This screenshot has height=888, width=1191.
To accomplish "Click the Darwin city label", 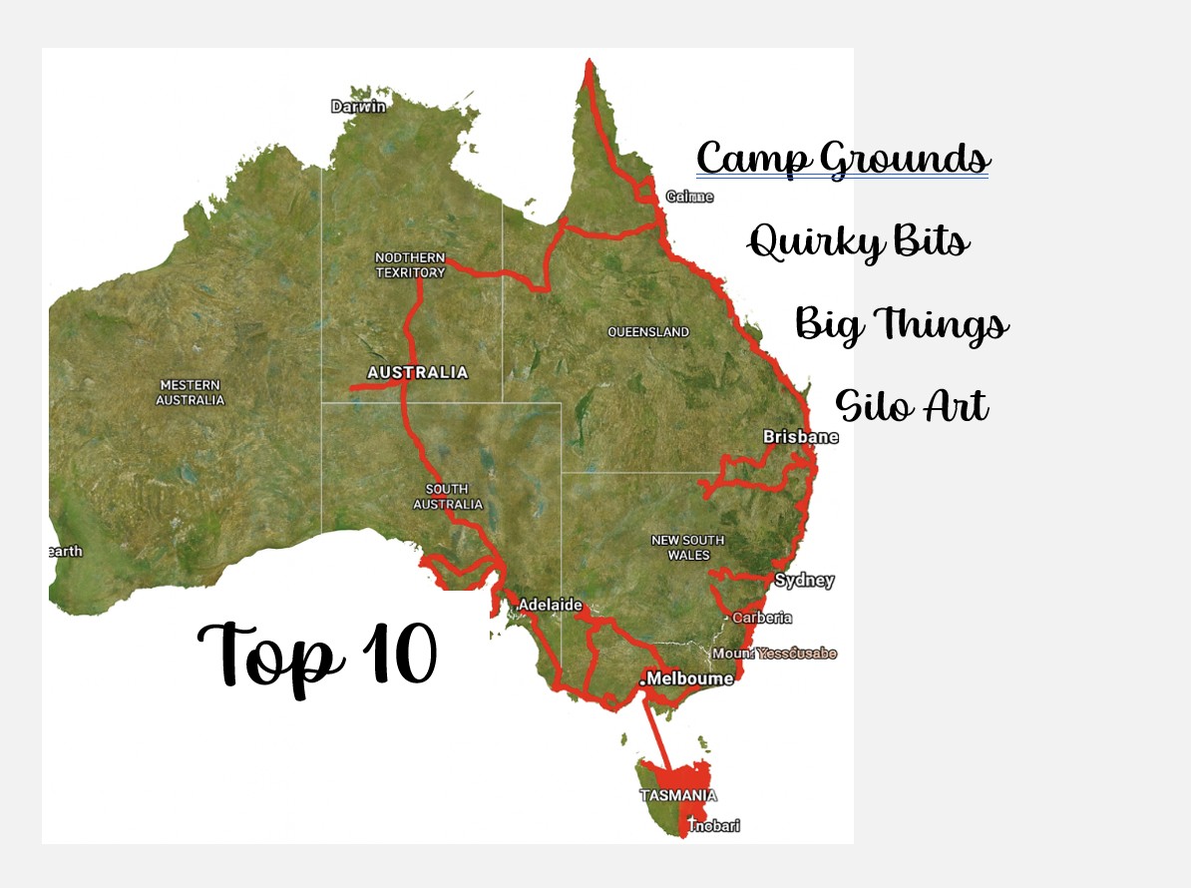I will pyautogui.click(x=358, y=107).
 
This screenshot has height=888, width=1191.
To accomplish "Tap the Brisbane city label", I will pyautogui.click(x=800, y=437).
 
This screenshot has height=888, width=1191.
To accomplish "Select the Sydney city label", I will pyautogui.click(x=804, y=581).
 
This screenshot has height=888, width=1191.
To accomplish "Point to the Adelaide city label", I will pyautogui.click(x=550, y=605).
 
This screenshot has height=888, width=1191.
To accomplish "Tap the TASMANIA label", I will pyautogui.click(x=677, y=796).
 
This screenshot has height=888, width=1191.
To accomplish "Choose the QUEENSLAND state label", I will pyautogui.click(x=648, y=331).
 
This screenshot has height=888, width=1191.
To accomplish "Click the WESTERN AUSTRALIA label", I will pyautogui.click(x=191, y=392).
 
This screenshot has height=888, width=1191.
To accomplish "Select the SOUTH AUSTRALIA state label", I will pyautogui.click(x=448, y=497).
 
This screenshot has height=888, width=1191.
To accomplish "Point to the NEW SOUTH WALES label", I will pyautogui.click(x=687, y=547).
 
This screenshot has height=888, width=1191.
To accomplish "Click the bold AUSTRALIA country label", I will pyautogui.click(x=417, y=372).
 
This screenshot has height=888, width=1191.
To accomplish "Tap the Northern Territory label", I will pyautogui.click(x=410, y=264).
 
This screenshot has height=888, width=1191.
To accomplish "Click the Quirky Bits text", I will pyautogui.click(x=858, y=241).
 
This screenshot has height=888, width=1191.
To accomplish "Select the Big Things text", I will pyautogui.click(x=901, y=324).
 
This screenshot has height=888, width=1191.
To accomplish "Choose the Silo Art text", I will pyautogui.click(x=911, y=406).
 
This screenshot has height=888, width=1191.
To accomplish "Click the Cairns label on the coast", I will pyautogui.click(x=689, y=197).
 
